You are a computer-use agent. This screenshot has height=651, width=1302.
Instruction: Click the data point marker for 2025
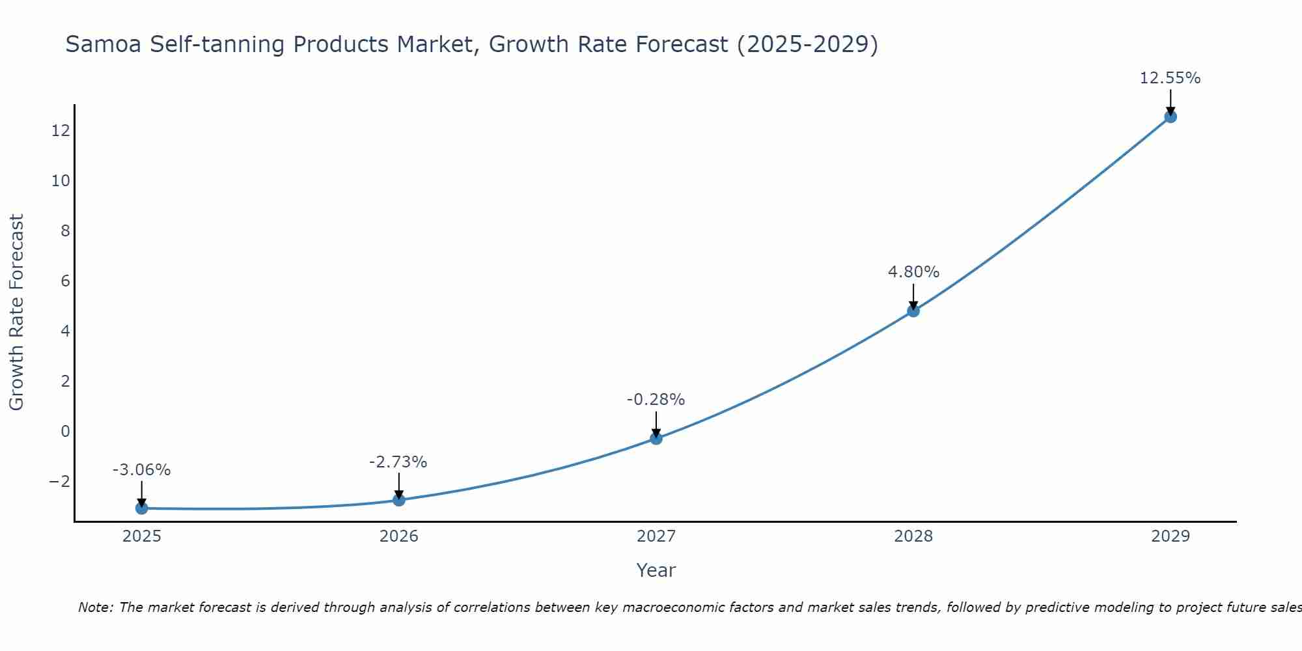pyautogui.click(x=141, y=508)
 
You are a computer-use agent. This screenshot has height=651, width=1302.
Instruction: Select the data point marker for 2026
pyautogui.click(x=399, y=500)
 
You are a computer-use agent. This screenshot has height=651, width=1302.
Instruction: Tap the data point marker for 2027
pyautogui.click(x=656, y=438)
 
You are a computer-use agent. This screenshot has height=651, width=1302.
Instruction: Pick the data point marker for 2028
pyautogui.click(x=913, y=311)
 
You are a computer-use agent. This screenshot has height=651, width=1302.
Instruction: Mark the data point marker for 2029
pyautogui.click(x=1170, y=117)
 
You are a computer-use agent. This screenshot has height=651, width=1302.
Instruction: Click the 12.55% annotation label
pyautogui.click(x=1170, y=78)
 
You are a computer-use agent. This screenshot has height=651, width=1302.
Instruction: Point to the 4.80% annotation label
pyautogui.click(x=913, y=272)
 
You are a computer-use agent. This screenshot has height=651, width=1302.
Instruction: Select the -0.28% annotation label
pyautogui.click(x=656, y=400)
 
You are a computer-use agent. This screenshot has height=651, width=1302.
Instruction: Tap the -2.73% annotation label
pyautogui.click(x=398, y=462)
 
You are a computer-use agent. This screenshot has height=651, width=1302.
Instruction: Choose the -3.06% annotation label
pyautogui.click(x=141, y=470)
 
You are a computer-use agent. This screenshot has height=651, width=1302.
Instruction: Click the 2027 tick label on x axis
pyautogui.click(x=656, y=536)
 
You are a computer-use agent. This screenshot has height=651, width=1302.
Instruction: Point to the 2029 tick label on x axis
pyautogui.click(x=1170, y=536)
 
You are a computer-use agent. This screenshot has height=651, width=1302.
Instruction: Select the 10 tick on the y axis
pyautogui.click(x=61, y=181)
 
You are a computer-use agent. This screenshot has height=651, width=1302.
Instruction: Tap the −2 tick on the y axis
pyautogui.click(x=59, y=482)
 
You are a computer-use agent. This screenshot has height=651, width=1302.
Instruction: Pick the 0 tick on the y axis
pyautogui.click(x=65, y=432)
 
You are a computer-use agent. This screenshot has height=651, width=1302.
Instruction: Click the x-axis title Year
pyautogui.click(x=656, y=570)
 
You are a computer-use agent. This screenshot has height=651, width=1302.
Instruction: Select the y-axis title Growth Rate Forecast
pyautogui.click(x=16, y=312)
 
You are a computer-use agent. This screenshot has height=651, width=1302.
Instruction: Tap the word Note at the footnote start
pyautogui.click(x=95, y=607)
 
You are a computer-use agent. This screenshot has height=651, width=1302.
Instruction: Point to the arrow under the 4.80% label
pyautogui.click(x=913, y=296)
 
